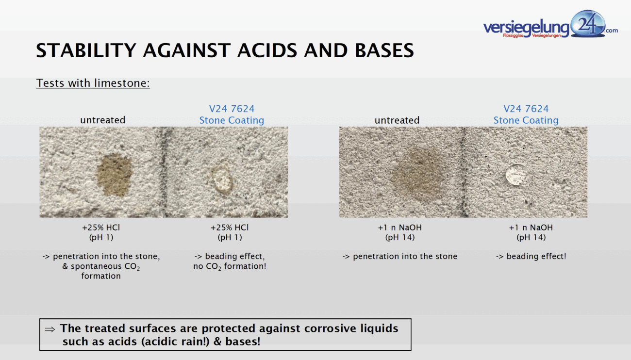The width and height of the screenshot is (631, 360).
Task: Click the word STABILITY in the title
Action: (x=86, y=50)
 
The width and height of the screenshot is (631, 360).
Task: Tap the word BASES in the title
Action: (x=384, y=50)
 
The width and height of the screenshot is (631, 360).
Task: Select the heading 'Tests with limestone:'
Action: (x=93, y=83)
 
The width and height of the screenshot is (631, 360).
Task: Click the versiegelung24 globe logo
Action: (x=588, y=24)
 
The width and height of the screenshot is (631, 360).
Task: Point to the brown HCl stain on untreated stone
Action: (x=114, y=175)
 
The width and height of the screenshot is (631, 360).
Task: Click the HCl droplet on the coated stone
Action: (x=222, y=180)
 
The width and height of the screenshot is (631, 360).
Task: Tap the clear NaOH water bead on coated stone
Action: (x=516, y=175)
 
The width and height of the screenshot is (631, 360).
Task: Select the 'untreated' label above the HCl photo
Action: (x=103, y=120)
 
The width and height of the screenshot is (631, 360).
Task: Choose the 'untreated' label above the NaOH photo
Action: (x=397, y=120)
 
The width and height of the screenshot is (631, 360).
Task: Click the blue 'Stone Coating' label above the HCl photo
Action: (x=232, y=120)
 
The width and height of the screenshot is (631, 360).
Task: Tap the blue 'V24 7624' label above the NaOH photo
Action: (x=526, y=109)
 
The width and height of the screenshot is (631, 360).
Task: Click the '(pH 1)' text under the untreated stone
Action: (x=101, y=237)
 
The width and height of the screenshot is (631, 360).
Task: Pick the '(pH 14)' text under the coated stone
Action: (x=531, y=237)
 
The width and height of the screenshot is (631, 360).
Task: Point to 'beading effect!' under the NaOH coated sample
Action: (x=536, y=257)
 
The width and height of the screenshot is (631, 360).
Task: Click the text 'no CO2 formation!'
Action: (x=230, y=266)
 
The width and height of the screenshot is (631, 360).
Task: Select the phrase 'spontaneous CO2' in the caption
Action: (x=105, y=266)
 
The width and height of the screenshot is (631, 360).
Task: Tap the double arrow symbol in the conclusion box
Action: (x=50, y=329)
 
